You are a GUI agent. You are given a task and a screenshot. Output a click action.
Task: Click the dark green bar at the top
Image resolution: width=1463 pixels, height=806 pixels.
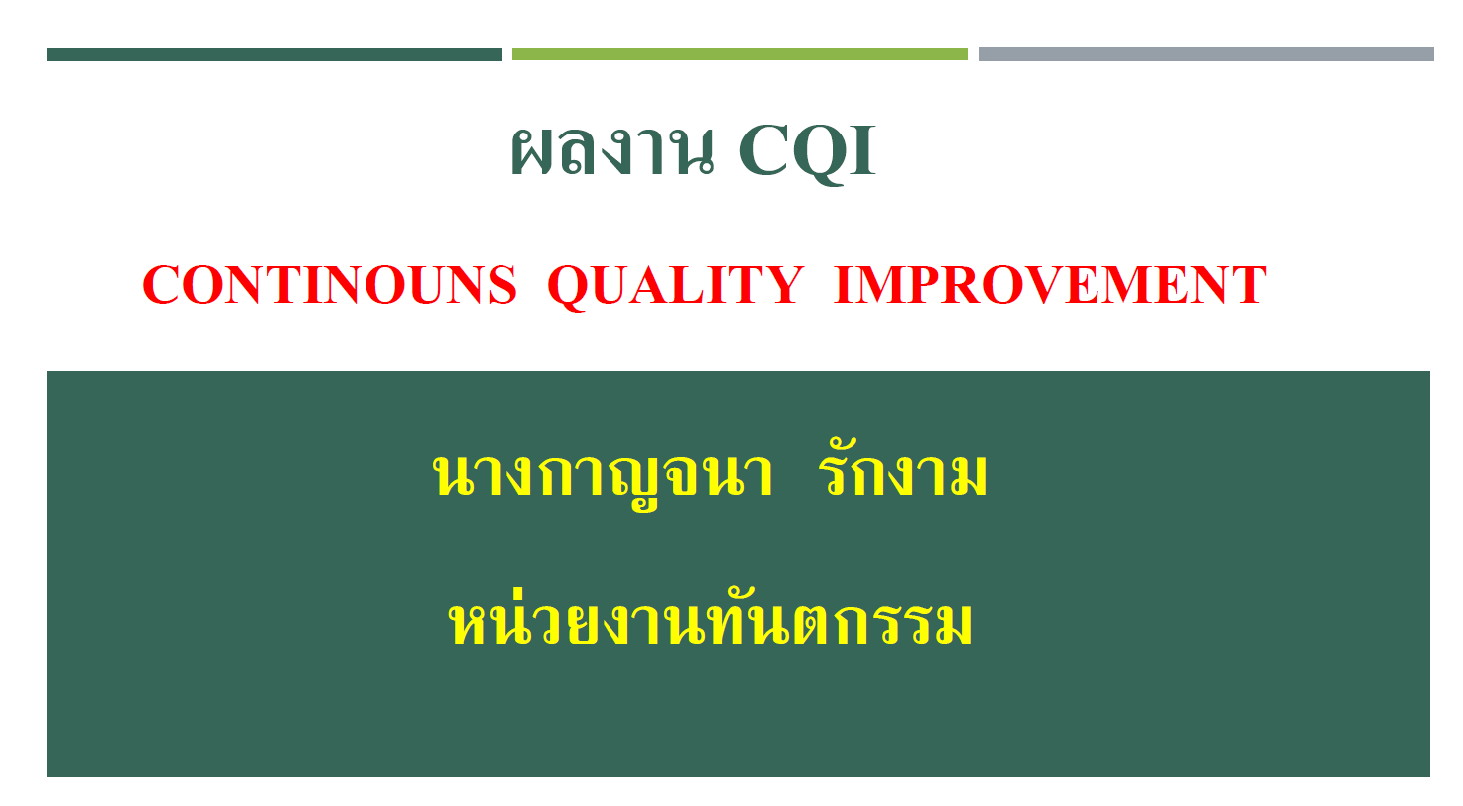tap(274, 54)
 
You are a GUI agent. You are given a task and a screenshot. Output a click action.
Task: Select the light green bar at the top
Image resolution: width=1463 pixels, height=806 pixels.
tap(740, 54)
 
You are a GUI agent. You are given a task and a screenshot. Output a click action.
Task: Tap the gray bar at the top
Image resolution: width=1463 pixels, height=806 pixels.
tap(1206, 54)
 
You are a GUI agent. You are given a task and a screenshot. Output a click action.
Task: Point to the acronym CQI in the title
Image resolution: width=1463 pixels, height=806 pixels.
tap(808, 154)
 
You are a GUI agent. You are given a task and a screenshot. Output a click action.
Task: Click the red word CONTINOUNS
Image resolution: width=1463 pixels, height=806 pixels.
tap(330, 285)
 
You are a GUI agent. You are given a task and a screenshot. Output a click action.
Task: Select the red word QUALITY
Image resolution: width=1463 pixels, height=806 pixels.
tap(675, 287)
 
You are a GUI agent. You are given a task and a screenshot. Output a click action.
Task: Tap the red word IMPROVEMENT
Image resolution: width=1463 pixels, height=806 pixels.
tap(1051, 285)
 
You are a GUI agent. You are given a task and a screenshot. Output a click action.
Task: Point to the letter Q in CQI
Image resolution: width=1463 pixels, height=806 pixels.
tap(818, 155)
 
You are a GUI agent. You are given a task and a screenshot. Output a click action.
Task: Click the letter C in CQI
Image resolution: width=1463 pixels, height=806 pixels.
tap(762, 150)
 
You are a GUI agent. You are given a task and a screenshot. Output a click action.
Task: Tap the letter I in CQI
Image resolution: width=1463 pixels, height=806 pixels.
tap(862, 150)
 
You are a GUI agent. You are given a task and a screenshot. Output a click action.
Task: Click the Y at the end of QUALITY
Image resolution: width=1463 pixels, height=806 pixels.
tap(782, 285)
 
